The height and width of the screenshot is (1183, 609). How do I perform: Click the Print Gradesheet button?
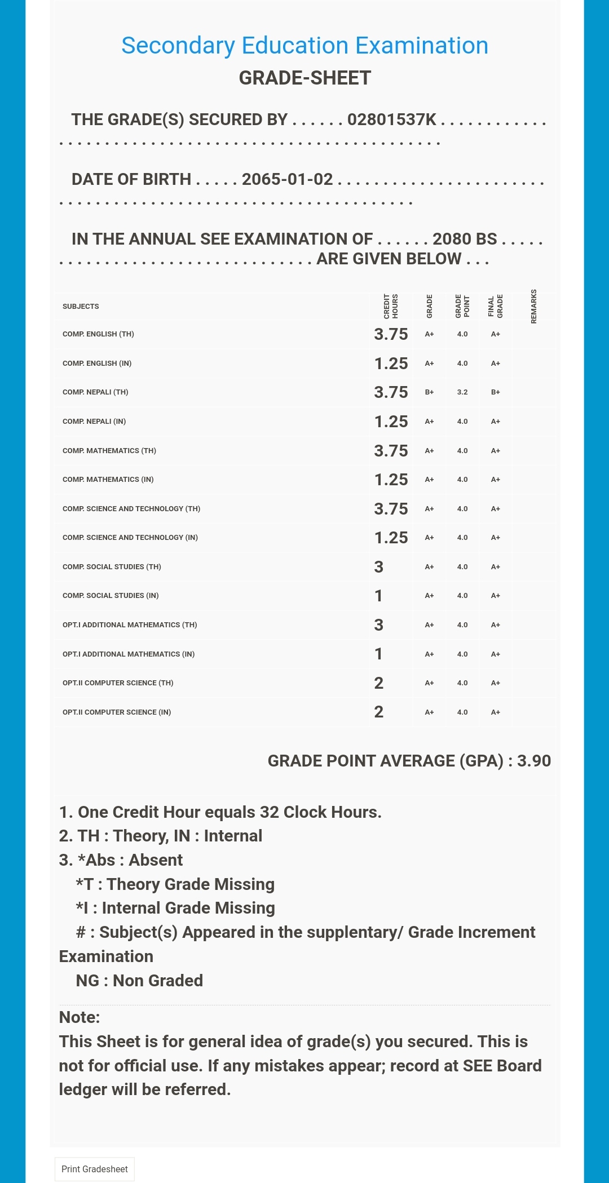click(95, 1169)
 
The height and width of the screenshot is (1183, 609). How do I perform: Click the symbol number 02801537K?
click(391, 119)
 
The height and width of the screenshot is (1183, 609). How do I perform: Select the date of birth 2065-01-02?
click(287, 179)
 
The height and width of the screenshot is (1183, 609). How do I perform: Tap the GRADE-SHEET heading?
click(304, 78)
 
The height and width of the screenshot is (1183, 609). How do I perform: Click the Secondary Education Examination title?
click(304, 46)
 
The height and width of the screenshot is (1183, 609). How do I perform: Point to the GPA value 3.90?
click(533, 761)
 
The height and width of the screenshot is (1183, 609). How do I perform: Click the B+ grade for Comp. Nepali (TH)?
click(429, 392)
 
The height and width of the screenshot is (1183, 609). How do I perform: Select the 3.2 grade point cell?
click(462, 392)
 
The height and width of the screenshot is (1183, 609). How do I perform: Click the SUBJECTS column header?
click(81, 307)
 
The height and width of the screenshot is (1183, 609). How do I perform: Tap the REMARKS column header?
click(533, 307)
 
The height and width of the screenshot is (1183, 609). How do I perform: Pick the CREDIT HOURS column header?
click(391, 307)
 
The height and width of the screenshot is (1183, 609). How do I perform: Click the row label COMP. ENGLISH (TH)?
click(98, 334)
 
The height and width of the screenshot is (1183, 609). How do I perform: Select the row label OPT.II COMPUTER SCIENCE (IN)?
click(117, 712)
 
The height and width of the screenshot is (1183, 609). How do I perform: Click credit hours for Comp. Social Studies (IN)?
click(378, 596)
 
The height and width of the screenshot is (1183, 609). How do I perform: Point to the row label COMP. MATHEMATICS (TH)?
click(109, 451)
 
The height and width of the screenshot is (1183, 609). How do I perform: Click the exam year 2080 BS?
click(465, 239)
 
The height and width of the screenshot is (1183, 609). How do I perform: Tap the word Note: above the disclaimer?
click(80, 1017)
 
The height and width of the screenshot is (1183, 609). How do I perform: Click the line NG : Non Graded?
click(139, 981)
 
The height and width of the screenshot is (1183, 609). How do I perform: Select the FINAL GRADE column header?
click(495, 307)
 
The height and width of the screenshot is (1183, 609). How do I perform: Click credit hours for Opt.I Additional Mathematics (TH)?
click(378, 625)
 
